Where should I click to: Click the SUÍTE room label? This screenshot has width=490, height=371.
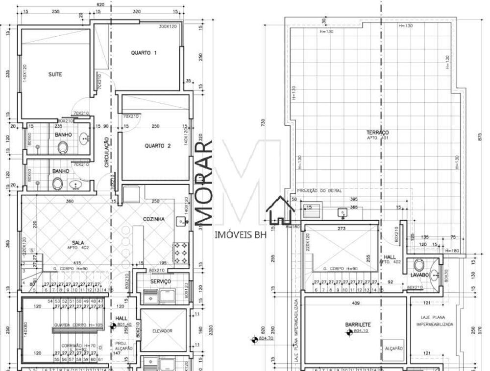click(x=55, y=74)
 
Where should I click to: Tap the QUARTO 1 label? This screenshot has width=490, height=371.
click(x=144, y=53)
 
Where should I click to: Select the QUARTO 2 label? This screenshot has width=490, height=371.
click(x=157, y=145)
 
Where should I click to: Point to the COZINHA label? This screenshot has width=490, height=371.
click(x=153, y=219)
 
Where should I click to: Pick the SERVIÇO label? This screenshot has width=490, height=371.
click(x=161, y=281)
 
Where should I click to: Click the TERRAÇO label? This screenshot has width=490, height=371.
click(x=377, y=133)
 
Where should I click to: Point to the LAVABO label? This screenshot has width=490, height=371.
click(x=419, y=275)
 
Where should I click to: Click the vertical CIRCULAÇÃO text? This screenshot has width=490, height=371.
click(x=106, y=152)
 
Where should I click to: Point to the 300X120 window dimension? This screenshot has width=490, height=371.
click(x=168, y=26)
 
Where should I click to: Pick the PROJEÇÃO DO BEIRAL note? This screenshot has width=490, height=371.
click(x=319, y=190)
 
